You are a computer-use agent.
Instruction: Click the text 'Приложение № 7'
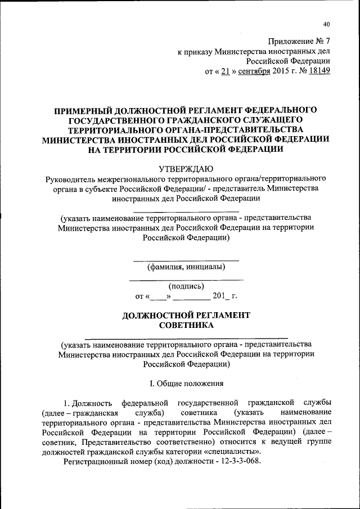pos(299,41)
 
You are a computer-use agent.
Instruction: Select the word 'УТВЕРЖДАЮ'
pos(186,167)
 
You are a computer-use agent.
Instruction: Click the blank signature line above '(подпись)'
pos(186,280)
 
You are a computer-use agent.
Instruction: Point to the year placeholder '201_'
pos(220,295)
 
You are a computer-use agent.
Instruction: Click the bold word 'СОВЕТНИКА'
pos(186,325)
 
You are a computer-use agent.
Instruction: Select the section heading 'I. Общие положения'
pos(186,384)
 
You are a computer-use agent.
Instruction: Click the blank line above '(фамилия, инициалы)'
pos(186,260)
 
